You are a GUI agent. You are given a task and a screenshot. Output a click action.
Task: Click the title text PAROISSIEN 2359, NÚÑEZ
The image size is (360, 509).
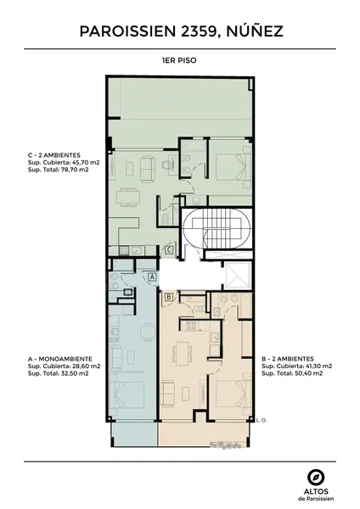click(x=182, y=31)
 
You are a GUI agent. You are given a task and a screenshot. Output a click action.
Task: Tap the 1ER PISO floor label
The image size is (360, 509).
click(x=179, y=60)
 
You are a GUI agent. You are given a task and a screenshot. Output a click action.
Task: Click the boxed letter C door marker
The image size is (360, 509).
click(x=169, y=250)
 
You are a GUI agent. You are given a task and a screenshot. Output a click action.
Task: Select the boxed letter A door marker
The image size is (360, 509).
click(x=153, y=277)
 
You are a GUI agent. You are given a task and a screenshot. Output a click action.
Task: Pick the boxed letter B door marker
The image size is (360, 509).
click(x=169, y=297)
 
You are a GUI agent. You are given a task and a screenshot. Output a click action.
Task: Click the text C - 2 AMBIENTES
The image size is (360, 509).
click(x=54, y=155)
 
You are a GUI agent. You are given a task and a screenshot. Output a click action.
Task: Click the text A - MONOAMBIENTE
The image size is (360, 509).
click(x=60, y=359)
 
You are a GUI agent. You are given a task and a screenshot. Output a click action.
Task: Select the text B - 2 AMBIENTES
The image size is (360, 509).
click(x=288, y=359)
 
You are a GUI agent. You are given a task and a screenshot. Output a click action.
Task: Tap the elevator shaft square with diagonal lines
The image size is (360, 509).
click(x=238, y=276)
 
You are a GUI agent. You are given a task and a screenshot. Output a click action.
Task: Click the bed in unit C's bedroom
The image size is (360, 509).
click(x=234, y=166)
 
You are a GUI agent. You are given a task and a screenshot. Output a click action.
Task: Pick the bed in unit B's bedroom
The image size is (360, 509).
click(x=234, y=394)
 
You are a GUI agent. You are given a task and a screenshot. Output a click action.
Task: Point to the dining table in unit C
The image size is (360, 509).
click(x=129, y=197)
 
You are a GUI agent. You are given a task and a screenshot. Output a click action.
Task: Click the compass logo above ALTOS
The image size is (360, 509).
click(x=316, y=478)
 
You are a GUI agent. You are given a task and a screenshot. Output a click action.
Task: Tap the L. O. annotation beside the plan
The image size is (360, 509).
click(x=262, y=420)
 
